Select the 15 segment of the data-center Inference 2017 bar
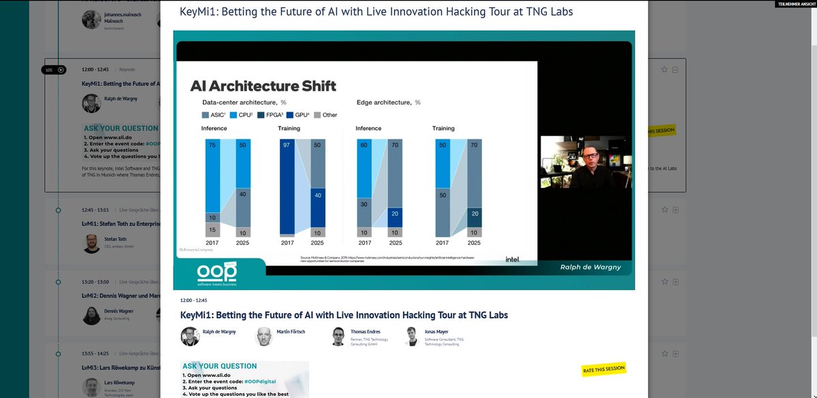click(x=212, y=231)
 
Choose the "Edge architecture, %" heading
click(x=389, y=102)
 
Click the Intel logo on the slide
click(x=513, y=259)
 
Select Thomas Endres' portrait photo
click(x=338, y=336)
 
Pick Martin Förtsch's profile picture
click(x=266, y=336)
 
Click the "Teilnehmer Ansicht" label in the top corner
click(x=796, y=4)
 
